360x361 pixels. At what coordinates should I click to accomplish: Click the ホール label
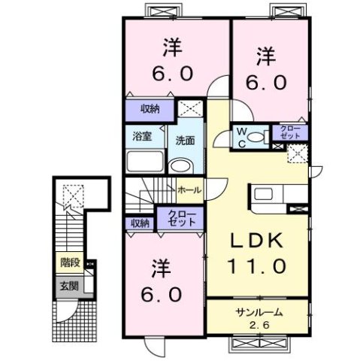coord(189,190)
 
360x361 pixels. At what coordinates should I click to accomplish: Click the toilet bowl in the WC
coord(258,136)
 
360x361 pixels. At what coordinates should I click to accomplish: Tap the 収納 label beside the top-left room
coord(150,110)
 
